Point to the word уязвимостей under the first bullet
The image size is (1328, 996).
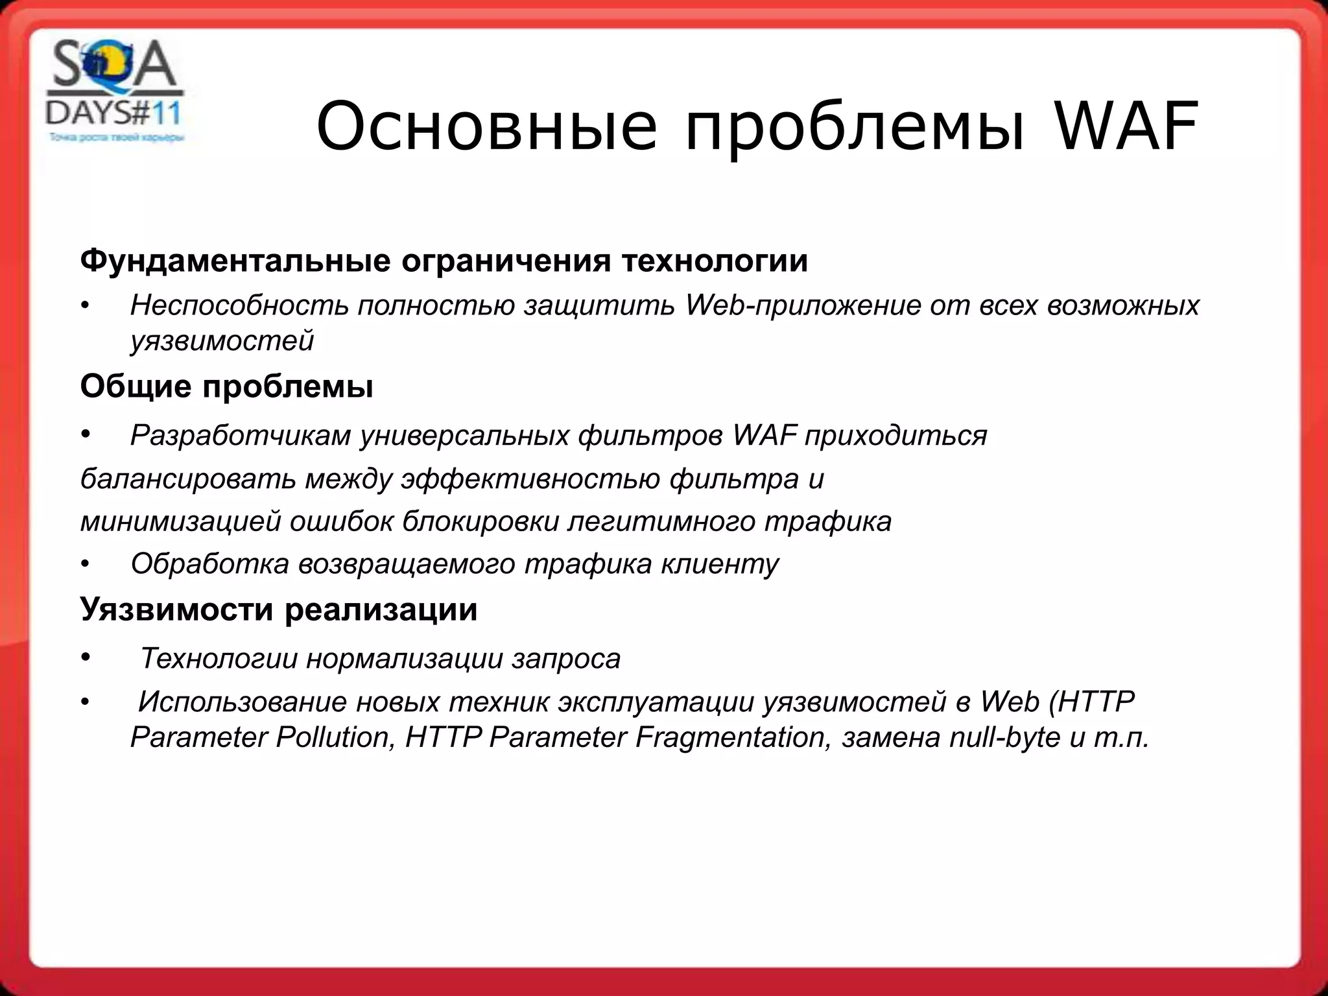coord(222,340)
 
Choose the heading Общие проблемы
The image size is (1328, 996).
coord(226,386)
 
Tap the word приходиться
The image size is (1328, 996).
coord(895,436)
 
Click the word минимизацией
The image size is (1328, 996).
coord(180,521)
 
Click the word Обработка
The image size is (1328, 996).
coord(209,563)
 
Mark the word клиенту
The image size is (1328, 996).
coord(720,563)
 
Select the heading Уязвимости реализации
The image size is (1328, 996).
coord(278,610)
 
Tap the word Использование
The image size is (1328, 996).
coord(242,702)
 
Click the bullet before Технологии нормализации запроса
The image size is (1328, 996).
coord(85,658)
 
